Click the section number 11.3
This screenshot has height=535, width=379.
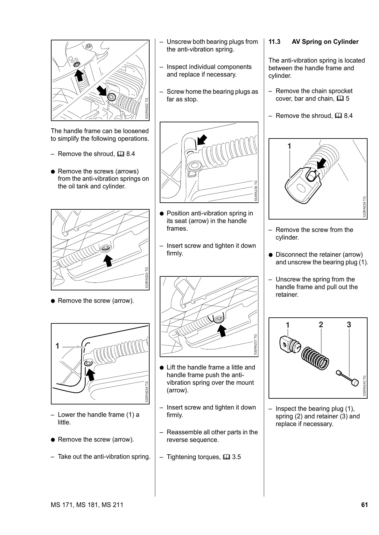[x=274, y=42]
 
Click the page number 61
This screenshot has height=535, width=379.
[x=364, y=505]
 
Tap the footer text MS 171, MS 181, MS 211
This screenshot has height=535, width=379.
[x=87, y=505]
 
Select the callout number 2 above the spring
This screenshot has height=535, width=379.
[x=321, y=325]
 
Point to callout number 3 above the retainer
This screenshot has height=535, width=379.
[x=349, y=325]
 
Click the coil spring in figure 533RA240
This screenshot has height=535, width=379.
[x=315, y=357]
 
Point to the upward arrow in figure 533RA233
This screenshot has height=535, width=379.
[x=109, y=260]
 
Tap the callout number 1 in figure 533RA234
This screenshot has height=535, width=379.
[x=57, y=346]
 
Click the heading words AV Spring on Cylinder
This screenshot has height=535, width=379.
[x=325, y=42]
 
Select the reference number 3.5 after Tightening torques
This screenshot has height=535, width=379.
[x=236, y=457]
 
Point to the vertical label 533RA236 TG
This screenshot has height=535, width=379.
[x=256, y=191]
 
